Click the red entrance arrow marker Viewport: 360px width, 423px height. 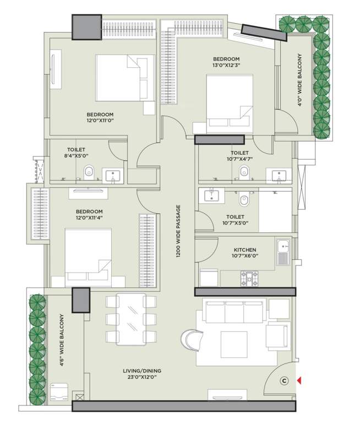coord(299,380)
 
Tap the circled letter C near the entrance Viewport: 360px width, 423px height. coord(284,380)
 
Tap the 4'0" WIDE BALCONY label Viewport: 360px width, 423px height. coord(299,80)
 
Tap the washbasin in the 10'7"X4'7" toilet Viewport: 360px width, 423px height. coord(279,175)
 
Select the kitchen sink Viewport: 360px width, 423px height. coord(283,251)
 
